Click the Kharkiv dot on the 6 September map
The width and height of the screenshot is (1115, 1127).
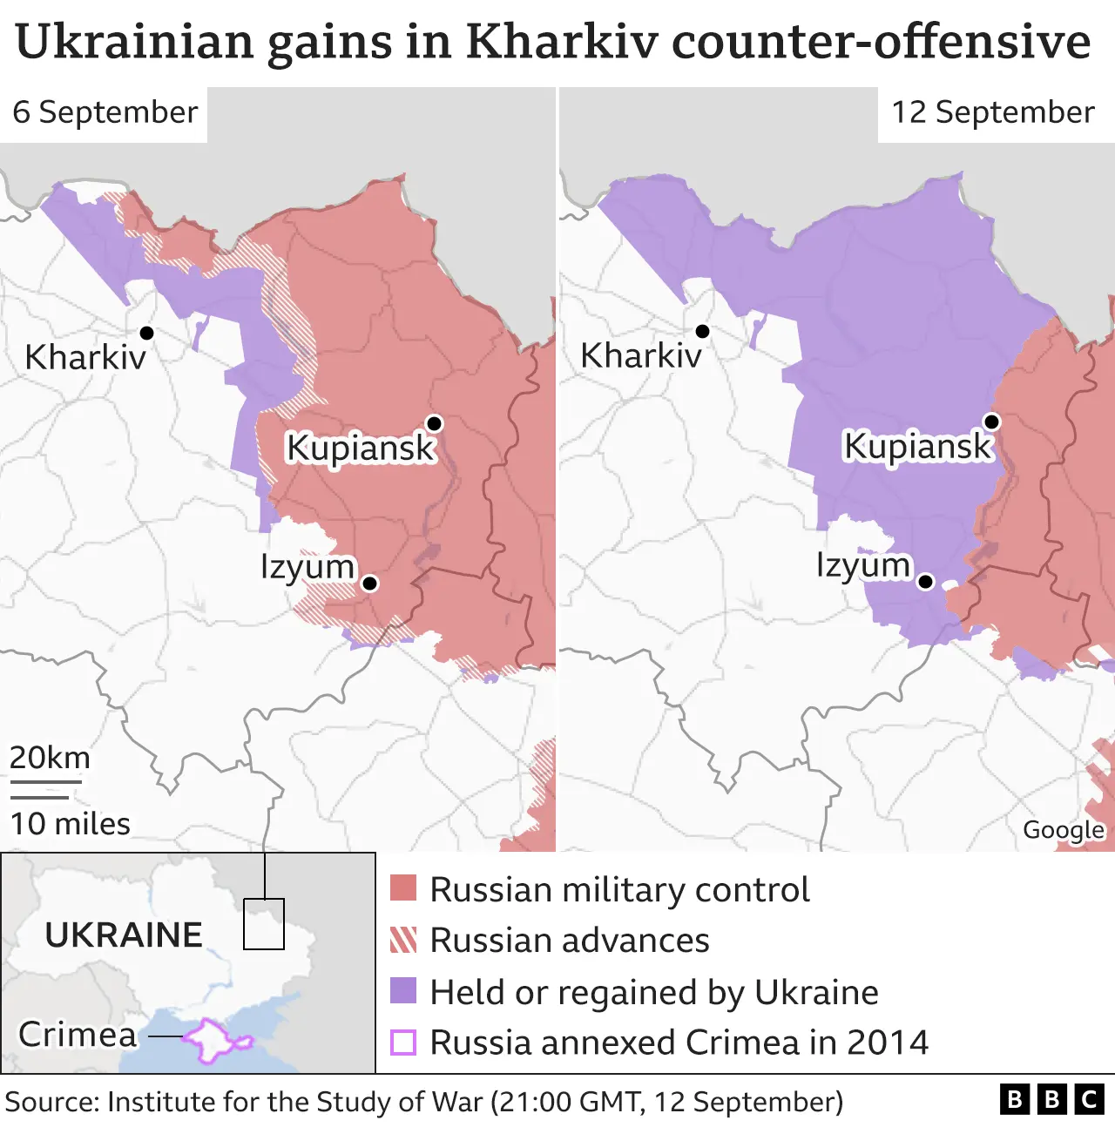[x=146, y=333]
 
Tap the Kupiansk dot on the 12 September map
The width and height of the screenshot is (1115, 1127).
[x=991, y=422]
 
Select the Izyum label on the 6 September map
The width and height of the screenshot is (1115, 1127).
[x=307, y=567]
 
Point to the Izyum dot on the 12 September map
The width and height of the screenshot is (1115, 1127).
[x=926, y=581]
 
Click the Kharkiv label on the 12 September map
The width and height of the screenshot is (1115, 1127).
[x=641, y=355]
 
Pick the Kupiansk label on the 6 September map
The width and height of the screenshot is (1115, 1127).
[x=360, y=448]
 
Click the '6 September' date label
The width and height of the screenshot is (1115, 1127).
[x=105, y=112]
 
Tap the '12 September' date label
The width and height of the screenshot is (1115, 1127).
[x=992, y=112]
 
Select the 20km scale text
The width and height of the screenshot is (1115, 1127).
[x=50, y=758]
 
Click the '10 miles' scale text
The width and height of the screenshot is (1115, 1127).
[x=70, y=824]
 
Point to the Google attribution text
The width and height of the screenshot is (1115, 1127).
[x=1063, y=830]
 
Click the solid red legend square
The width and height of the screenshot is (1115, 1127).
[x=403, y=888]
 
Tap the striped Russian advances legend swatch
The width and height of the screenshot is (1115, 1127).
[x=403, y=940]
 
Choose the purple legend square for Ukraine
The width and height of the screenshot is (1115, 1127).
[x=403, y=991]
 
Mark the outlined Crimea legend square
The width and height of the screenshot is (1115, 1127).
[x=403, y=1043]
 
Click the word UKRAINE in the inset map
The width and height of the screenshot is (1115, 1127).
[x=124, y=935]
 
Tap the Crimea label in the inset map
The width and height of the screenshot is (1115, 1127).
[x=78, y=1035]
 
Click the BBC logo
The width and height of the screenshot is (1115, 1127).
[x=1051, y=1100]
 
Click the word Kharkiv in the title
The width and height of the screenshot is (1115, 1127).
[x=563, y=41]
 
